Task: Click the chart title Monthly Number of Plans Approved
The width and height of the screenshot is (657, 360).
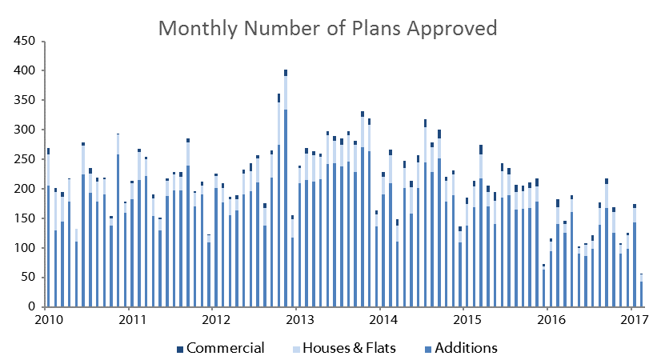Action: pos(327,29)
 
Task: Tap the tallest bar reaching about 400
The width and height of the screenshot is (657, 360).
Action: pos(286,188)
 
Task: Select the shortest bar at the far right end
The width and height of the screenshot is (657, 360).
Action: pos(641,290)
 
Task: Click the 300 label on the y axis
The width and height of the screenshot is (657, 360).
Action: pos(24,130)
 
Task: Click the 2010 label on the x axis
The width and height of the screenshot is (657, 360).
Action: pos(49,320)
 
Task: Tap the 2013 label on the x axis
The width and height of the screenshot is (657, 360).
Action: pos(299,320)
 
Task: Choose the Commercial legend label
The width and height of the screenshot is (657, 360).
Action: pos(226,348)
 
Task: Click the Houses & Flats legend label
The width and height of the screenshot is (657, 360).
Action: pos(349,348)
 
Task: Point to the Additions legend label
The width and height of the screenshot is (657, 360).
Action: pos(466,348)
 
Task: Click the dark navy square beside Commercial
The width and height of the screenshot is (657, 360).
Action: pos(180,349)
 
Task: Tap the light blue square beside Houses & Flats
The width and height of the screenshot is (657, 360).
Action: pos(296,349)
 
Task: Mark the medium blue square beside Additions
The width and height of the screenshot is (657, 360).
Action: pos(428,349)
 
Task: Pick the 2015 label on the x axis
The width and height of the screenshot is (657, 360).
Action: pos(467,320)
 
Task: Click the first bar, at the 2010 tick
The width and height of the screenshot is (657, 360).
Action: pos(49,227)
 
